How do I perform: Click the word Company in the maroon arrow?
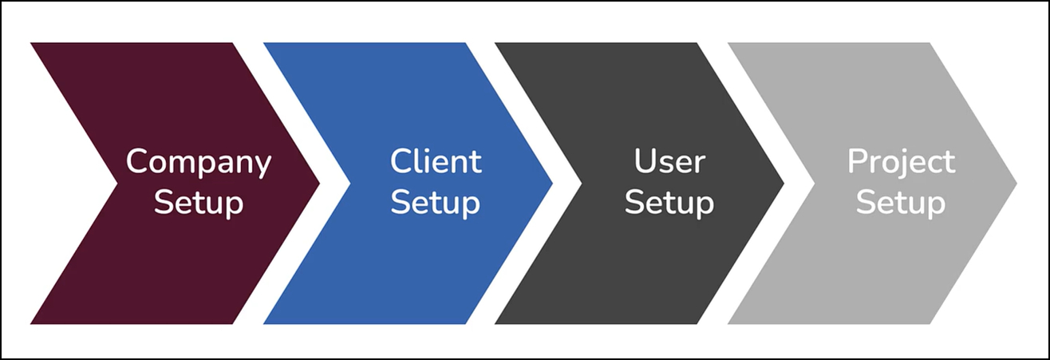click(199, 163)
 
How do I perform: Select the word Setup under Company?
click(199, 203)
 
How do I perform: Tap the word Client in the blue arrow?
click(436, 162)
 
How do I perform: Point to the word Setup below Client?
click(436, 203)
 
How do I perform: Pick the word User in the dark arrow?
click(669, 162)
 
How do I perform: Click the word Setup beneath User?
click(669, 203)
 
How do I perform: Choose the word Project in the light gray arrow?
click(901, 162)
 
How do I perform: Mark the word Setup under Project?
click(901, 203)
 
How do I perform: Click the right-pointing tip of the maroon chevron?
click(318, 184)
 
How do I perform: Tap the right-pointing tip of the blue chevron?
click(550, 184)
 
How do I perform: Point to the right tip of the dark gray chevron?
click(782, 184)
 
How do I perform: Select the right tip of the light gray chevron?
click(1014, 184)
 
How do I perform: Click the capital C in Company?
click(138, 162)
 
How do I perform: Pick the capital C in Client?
click(401, 162)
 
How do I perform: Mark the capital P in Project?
click(858, 162)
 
